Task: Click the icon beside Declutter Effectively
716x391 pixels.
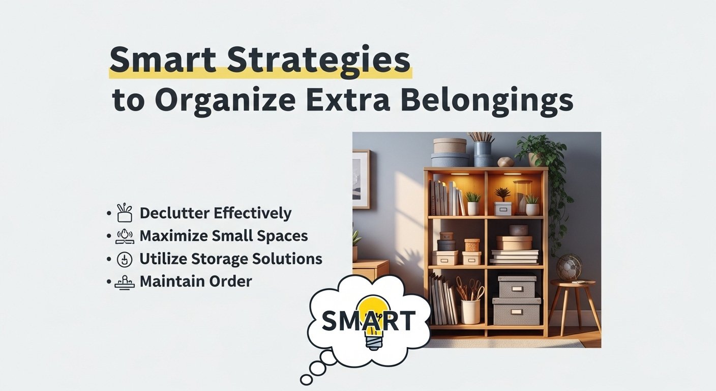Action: pos(124,212)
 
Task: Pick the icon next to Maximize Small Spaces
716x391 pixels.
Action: pos(124,236)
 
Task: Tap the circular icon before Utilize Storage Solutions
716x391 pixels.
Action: pos(124,259)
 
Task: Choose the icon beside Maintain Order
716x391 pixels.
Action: pos(124,282)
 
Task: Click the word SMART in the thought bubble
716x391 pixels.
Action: pos(368,320)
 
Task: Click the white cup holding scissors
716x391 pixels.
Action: pos(470,311)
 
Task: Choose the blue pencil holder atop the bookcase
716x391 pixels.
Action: pos(483,153)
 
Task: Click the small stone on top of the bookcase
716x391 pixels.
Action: pos(506,162)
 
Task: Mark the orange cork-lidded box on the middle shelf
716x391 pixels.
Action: pos(472,245)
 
